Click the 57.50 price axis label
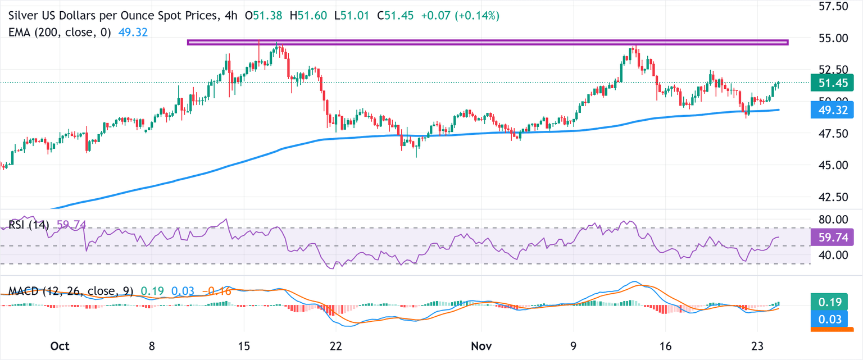[833, 7]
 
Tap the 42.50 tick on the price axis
[833, 197]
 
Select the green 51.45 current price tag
[833, 83]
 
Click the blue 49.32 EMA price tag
[833, 110]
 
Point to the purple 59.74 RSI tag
[833, 238]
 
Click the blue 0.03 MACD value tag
[833, 320]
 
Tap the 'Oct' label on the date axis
[60, 346]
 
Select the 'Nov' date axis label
[482, 346]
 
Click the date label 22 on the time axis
[335, 346]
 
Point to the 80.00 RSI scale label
[833, 219]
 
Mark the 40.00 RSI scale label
[833, 255]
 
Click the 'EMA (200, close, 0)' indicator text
[58, 33]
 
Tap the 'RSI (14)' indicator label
[29, 225]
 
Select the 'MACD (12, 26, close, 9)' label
[71, 291]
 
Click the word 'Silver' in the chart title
[25, 17]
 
